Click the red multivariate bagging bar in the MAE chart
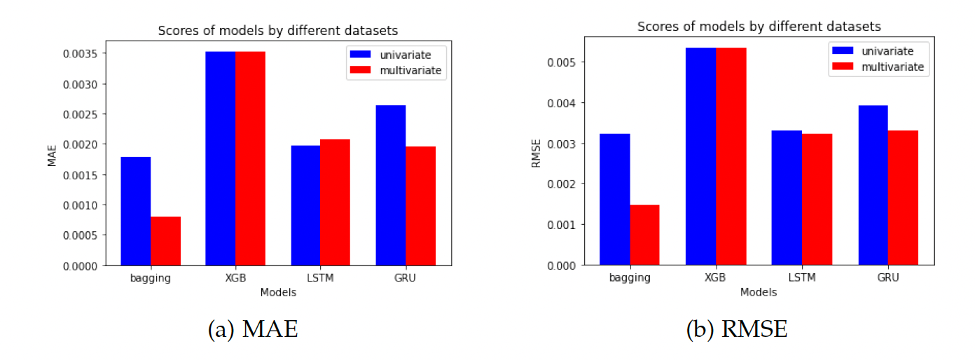pyautogui.click(x=165, y=241)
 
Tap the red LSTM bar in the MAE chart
pyautogui.click(x=336, y=202)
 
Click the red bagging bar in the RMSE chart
pyautogui.click(x=644, y=235)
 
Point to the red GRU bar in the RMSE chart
pyautogui.click(x=903, y=198)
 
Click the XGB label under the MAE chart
pyautogui.click(x=235, y=278)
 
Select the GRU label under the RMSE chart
pyautogui.click(x=888, y=277)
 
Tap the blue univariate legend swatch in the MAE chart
pyautogui.click(x=362, y=55)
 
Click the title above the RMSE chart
pyautogui.click(x=759, y=27)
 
